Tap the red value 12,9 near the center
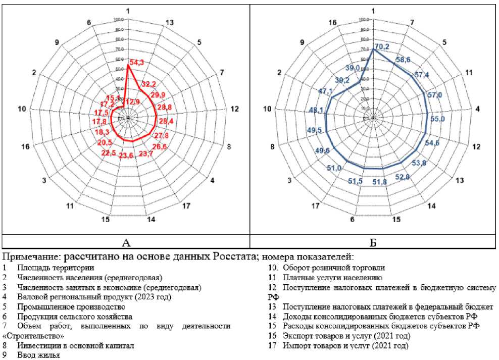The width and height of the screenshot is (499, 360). pyautogui.click(x=133, y=101)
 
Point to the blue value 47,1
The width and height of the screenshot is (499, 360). pyautogui.click(x=325, y=91)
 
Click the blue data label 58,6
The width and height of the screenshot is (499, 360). pyautogui.click(x=404, y=60)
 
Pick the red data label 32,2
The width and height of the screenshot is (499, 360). pyautogui.click(x=148, y=84)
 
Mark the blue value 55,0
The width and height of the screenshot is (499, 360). pyautogui.click(x=437, y=119)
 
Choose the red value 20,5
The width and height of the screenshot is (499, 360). pyautogui.click(x=105, y=143)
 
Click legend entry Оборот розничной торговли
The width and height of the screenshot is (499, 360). pyautogui.click(x=333, y=268)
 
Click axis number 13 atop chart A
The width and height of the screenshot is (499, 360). pyautogui.click(x=170, y=22)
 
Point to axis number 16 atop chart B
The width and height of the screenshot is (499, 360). pyautogui.click(x=333, y=22)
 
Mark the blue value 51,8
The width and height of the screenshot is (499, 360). pyautogui.click(x=379, y=182)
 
